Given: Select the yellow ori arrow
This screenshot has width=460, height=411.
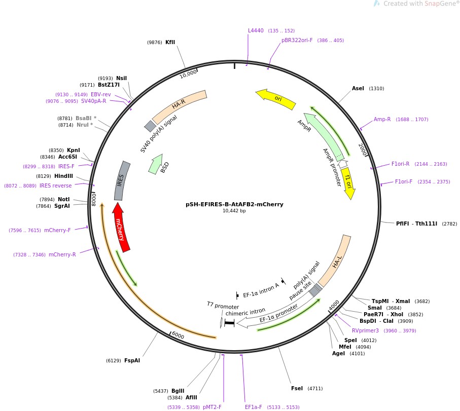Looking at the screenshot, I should pyautogui.click(x=276, y=98).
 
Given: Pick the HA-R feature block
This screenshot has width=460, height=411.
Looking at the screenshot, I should pyautogui.click(x=179, y=105).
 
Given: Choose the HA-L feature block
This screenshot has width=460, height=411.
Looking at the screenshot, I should pyautogui.click(x=335, y=260).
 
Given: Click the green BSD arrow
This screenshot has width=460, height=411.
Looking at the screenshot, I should pyautogui.click(x=156, y=164).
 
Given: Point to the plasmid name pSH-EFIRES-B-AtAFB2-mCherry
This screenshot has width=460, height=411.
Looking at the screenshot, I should pyautogui.click(x=234, y=205).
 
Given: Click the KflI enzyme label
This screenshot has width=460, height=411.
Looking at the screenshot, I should pyautogui.click(x=170, y=43).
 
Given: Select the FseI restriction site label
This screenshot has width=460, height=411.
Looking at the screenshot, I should pyautogui.click(x=297, y=389).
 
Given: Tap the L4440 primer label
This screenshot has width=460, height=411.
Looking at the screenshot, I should pyautogui.click(x=256, y=31).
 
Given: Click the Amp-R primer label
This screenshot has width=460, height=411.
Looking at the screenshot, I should pyautogui.click(x=382, y=120).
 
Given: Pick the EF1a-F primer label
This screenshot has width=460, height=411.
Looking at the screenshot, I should pyautogui.click(x=254, y=407).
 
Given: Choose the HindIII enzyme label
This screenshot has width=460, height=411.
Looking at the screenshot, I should pyautogui.click(x=63, y=176).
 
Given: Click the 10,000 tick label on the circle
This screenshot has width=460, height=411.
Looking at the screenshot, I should pyautogui.click(x=188, y=74).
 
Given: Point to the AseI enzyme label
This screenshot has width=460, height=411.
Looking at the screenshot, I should pyautogui.click(x=358, y=89).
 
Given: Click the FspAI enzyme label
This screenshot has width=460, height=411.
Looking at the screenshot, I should pyautogui.click(x=132, y=361).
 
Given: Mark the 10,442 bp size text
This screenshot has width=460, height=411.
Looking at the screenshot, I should pyautogui.click(x=234, y=211).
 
